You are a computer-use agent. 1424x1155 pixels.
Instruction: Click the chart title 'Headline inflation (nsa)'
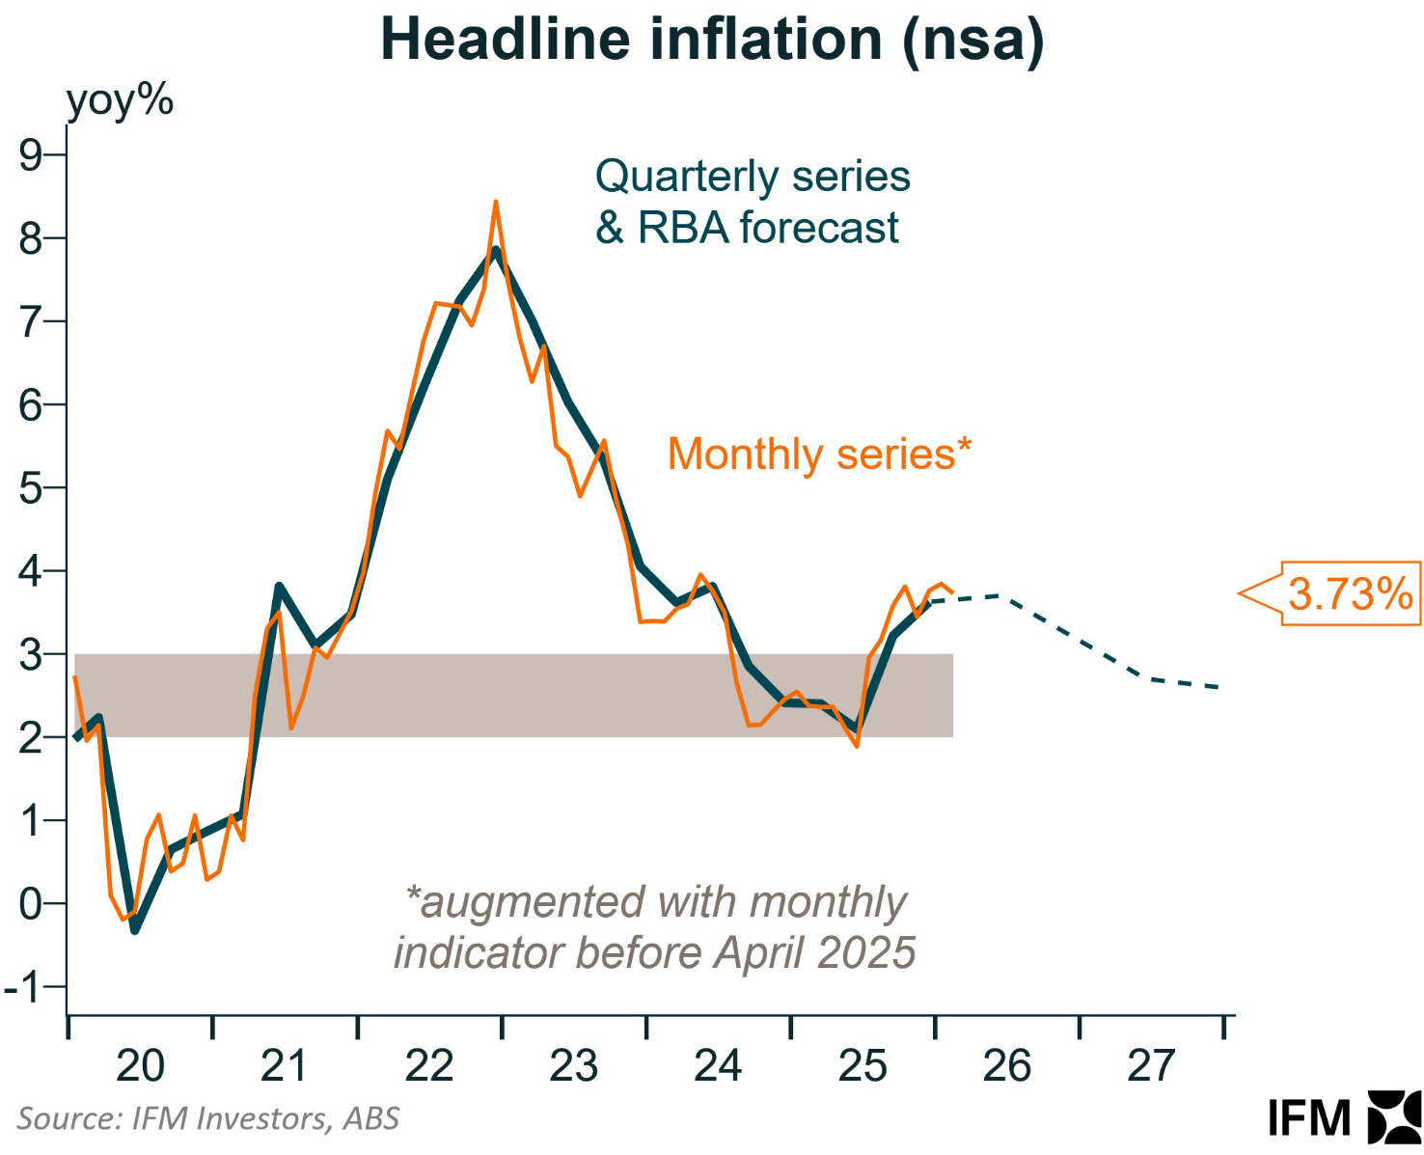tap(712, 41)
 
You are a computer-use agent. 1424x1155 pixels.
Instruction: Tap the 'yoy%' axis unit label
tap(120, 100)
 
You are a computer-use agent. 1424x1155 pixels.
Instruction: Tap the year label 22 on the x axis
tap(429, 1066)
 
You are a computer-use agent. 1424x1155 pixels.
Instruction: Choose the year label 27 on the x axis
tap(1151, 1066)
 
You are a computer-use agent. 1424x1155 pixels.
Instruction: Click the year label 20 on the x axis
tap(140, 1066)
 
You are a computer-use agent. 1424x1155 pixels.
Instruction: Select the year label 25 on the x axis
tap(863, 1066)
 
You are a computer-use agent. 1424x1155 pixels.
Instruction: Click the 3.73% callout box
tap(1350, 593)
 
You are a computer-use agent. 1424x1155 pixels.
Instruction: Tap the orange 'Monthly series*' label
tap(819, 454)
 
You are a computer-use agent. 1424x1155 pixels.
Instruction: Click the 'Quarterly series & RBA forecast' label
tap(753, 203)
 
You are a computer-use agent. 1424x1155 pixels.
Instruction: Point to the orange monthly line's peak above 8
tap(496, 203)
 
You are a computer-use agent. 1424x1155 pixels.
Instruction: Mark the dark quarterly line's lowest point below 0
tap(134, 930)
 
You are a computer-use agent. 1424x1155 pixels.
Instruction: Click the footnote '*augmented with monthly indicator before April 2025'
tap(654, 927)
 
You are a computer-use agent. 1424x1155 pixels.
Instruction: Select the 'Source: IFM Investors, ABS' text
tap(207, 1118)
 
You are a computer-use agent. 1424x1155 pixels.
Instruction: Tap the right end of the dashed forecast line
tap(1219, 687)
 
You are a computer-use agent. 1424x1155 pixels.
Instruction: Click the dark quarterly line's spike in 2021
tap(279, 587)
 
